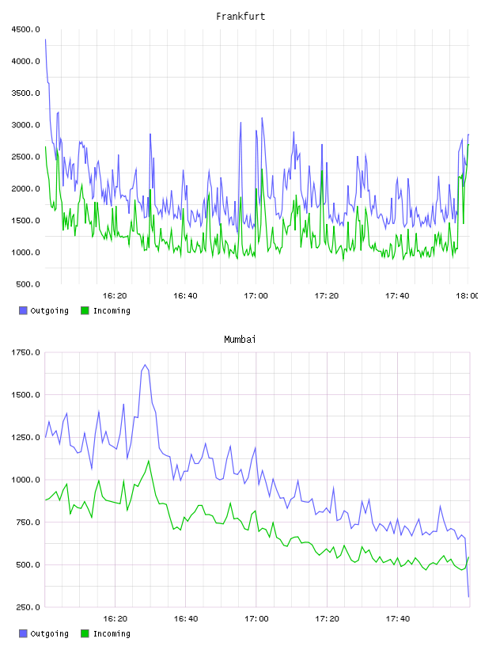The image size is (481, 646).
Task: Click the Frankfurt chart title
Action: pos(240,17)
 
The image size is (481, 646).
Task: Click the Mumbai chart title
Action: pos(240,340)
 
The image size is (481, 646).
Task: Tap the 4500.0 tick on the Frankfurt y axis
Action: pos(26,29)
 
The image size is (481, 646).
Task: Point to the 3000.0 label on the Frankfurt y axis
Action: pos(26,125)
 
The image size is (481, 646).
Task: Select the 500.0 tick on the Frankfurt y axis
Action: pos(28,284)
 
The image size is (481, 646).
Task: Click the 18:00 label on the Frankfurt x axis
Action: pos(467,296)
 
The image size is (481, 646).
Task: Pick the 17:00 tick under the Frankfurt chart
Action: pos(256,296)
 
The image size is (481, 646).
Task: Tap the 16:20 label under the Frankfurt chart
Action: pos(115,296)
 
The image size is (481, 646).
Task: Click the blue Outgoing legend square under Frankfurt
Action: pos(23,310)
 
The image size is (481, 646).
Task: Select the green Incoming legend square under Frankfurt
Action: pos(85,310)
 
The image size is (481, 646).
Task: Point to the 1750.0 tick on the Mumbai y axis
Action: pos(26,352)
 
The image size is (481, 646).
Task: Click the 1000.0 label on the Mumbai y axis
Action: pos(26,480)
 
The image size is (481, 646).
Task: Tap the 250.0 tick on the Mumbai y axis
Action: pos(28,607)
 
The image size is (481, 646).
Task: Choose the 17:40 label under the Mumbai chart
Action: pos(398,619)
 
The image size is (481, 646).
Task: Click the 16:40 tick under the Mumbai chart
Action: pos(186,619)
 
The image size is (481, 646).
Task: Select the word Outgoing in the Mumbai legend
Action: pos(49,633)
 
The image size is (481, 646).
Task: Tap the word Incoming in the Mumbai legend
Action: pos(112,633)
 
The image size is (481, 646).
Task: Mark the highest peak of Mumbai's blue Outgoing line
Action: pos(145,365)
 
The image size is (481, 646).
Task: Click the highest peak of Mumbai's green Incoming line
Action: pos(149,461)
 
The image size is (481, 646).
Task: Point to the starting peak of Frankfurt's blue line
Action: pos(45,40)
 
